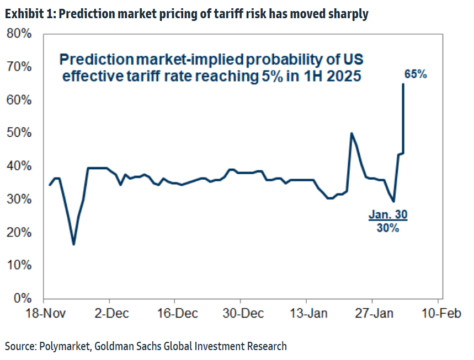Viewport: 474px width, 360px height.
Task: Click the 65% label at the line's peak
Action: click(415, 74)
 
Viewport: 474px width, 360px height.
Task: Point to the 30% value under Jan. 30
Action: click(388, 227)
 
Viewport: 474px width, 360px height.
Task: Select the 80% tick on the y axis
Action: click(19, 34)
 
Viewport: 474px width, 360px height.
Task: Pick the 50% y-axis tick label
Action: click(19, 133)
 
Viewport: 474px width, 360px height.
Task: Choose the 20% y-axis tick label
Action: click(19, 233)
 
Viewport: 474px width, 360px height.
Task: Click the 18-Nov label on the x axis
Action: click(43, 314)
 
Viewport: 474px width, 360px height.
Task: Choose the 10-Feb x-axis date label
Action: click(438, 314)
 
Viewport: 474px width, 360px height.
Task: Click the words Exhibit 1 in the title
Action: click(29, 14)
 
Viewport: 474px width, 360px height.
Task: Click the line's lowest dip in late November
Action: click(73, 244)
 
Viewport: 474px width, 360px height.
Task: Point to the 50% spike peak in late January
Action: click(351, 133)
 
